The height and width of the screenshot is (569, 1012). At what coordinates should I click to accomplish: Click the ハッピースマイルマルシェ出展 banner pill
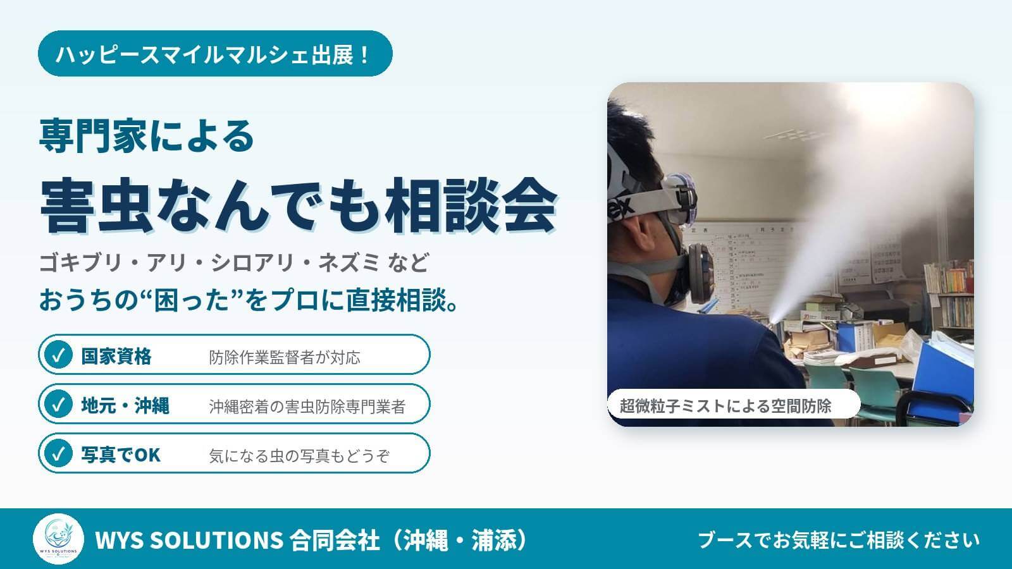click(x=215, y=53)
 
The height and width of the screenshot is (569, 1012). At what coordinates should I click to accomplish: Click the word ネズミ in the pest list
click(x=349, y=263)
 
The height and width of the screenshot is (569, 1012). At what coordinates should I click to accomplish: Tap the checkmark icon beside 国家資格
click(x=58, y=355)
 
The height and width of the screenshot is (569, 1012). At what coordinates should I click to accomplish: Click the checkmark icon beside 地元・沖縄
click(x=58, y=404)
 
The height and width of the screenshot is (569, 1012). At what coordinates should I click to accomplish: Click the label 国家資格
click(x=116, y=357)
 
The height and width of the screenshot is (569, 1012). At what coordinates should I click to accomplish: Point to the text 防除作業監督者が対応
click(x=285, y=358)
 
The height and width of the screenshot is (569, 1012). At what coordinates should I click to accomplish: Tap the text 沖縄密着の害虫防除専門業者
click(x=307, y=407)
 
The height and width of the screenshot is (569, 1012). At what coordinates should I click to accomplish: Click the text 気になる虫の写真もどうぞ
click(x=299, y=456)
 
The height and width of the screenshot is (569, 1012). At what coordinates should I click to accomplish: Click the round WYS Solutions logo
click(x=58, y=539)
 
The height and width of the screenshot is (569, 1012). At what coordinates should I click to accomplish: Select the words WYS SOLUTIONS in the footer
click(x=189, y=540)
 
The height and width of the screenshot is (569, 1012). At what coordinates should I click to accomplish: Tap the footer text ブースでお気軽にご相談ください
click(x=839, y=540)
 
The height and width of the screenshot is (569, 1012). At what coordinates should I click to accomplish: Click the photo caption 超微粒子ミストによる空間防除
click(x=725, y=406)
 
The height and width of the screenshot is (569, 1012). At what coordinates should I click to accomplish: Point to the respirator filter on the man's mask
click(x=700, y=274)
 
